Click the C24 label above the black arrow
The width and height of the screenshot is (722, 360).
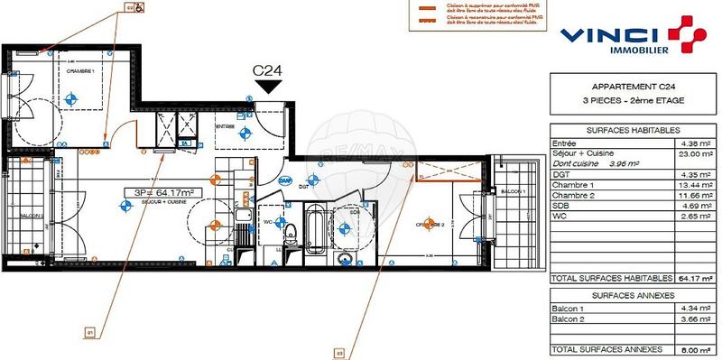(268, 69)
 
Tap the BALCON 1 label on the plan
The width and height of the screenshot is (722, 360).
(513, 191)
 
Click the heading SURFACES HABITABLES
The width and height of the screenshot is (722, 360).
(623, 130)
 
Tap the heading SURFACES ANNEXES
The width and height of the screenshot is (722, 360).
(623, 296)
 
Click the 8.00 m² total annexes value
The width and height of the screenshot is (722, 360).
(689, 349)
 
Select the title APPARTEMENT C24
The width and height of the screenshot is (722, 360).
(623, 87)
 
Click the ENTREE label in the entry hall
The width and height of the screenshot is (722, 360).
(225, 127)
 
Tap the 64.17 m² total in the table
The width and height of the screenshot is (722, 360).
(689, 279)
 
